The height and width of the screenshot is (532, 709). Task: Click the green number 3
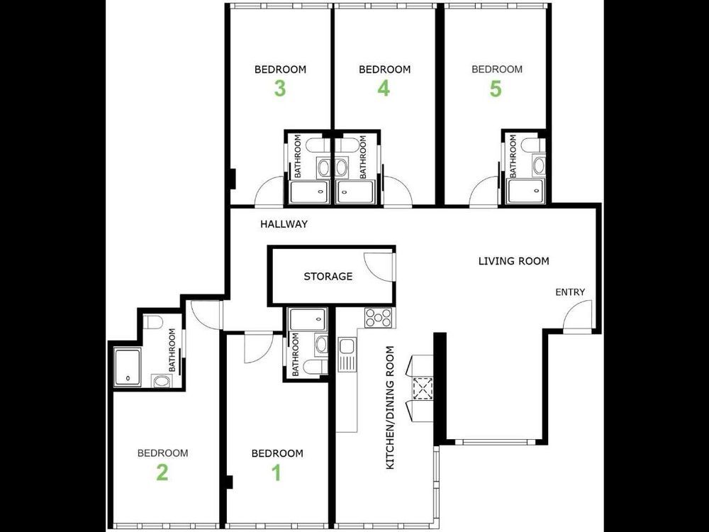pos(280,89)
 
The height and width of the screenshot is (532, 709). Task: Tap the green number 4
pos(384,89)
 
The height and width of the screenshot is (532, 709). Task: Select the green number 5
pos(496,89)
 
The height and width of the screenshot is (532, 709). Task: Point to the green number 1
pos(277,472)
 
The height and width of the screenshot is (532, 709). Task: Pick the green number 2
pos(162,472)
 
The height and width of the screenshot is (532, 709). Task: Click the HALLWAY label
pos(284,224)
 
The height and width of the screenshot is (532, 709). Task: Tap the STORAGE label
pos(328,277)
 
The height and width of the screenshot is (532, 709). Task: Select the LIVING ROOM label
pos(513,261)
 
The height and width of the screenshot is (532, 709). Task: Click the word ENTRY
pos(570,292)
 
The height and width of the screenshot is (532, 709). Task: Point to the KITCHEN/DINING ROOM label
pos(390,408)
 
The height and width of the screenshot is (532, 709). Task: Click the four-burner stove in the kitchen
pos(379,317)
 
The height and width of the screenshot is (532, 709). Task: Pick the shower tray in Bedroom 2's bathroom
pos(127,367)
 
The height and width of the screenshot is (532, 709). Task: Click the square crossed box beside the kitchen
pos(423,388)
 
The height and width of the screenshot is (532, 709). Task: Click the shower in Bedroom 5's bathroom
pos(525,191)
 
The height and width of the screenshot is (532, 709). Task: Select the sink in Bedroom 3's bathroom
pos(324,167)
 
